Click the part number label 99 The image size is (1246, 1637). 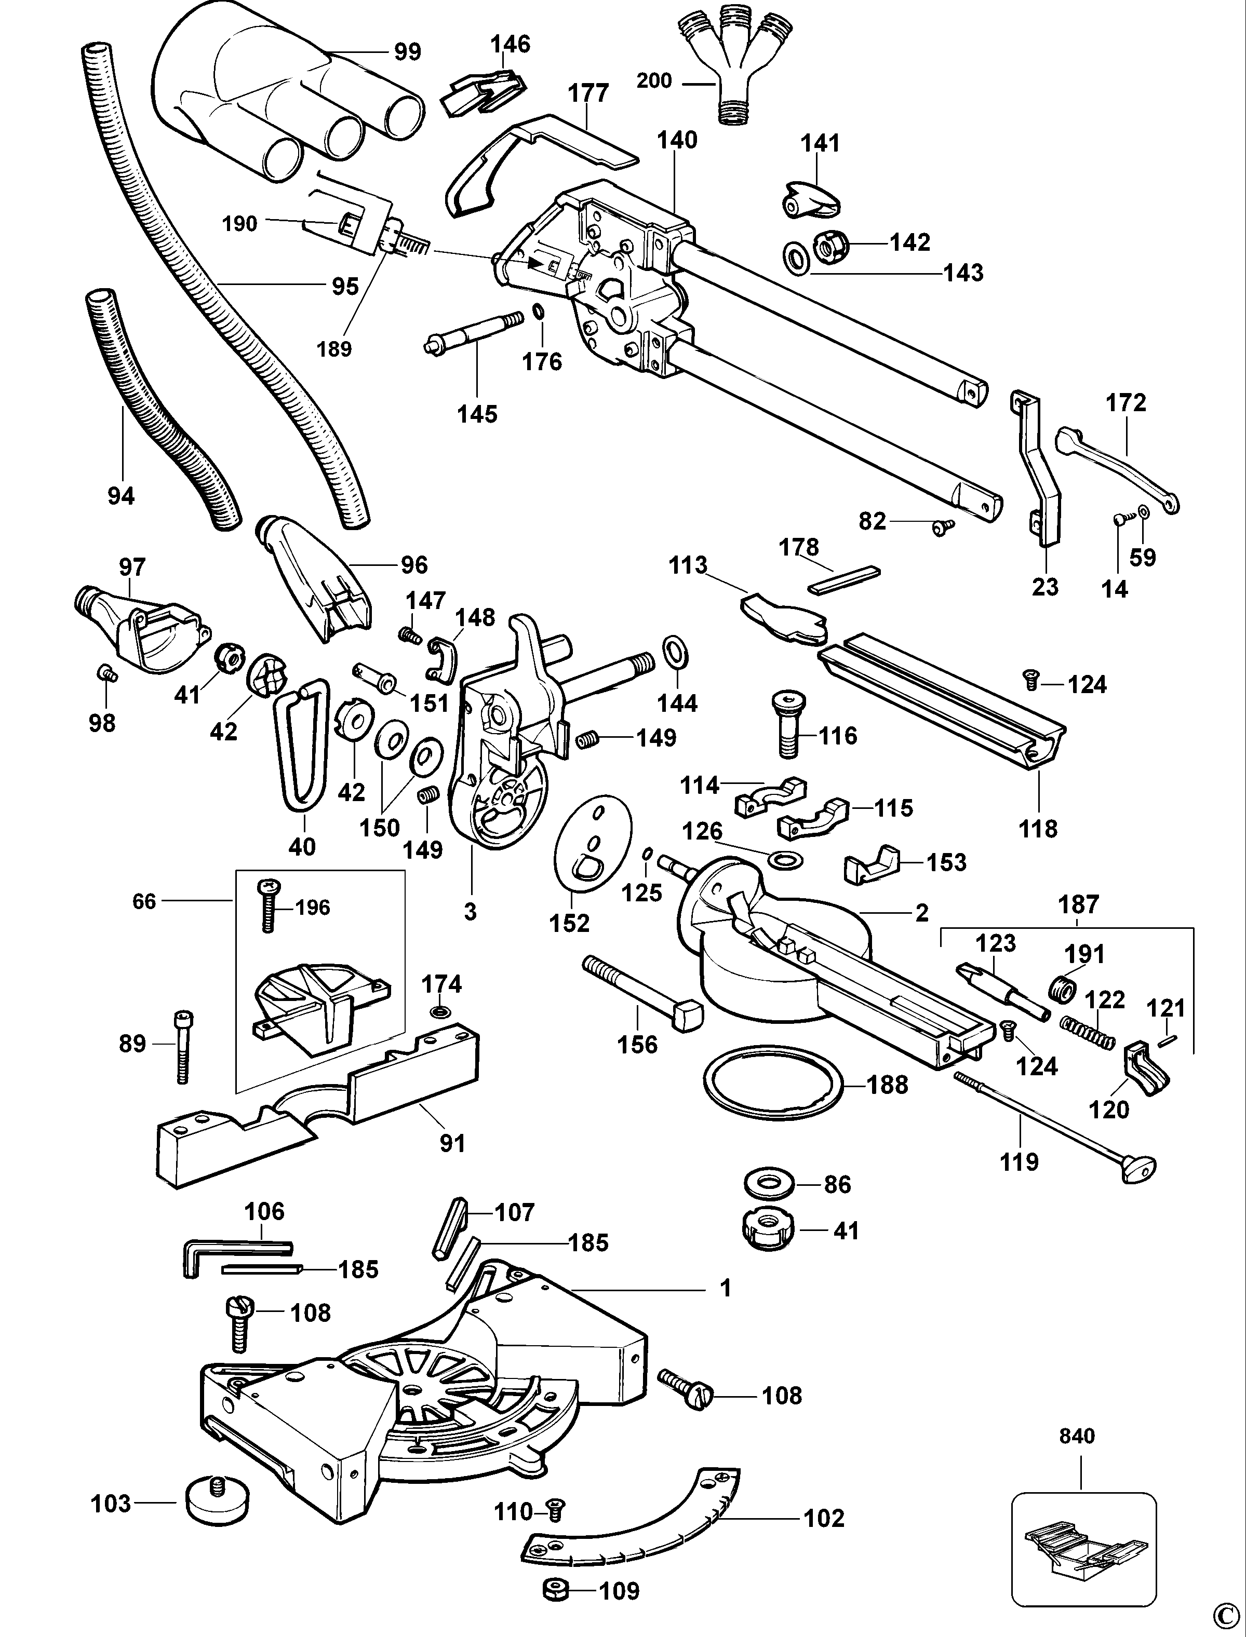pos(407,52)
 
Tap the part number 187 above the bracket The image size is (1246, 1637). pos(1078,904)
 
